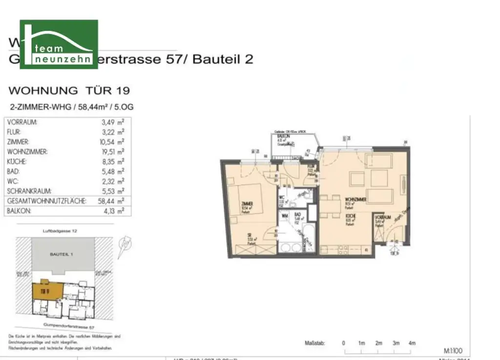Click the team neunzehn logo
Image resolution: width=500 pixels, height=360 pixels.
[x=59, y=44]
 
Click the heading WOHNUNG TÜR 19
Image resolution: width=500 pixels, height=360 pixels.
[x=69, y=90]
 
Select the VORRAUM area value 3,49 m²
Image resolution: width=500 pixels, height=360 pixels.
[x=112, y=122]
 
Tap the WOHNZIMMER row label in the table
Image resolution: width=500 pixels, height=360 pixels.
[x=27, y=152]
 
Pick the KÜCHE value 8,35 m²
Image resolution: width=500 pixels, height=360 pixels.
[x=112, y=162]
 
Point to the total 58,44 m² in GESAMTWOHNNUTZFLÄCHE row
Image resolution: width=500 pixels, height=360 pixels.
[x=112, y=201]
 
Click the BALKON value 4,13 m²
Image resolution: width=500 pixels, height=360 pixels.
[x=112, y=212]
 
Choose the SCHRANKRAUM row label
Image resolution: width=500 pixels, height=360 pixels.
[x=30, y=191]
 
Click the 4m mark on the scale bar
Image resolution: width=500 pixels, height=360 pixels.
[x=412, y=343]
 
